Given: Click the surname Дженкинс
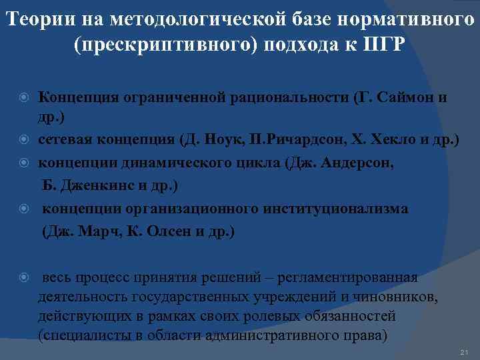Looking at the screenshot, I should pyautogui.click(x=95, y=185).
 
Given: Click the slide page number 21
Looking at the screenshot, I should pyautogui.click(x=465, y=352).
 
